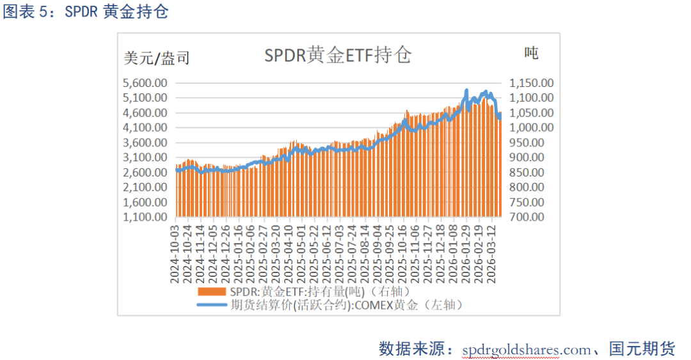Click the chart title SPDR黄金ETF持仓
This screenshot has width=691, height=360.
coord(338,56)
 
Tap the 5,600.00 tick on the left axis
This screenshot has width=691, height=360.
coord(145,83)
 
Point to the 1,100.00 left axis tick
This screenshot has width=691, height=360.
coord(145,217)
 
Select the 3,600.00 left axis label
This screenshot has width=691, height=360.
coord(145,143)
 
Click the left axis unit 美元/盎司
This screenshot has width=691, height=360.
coord(157,58)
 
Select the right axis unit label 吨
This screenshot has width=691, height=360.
coord(530,53)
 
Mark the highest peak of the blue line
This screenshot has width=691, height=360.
coord(466,90)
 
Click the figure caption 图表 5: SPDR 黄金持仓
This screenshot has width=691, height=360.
coord(86,12)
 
